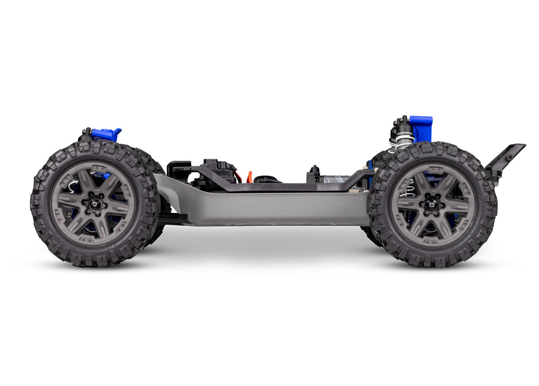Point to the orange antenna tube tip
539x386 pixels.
pyautogui.click(x=249, y=176)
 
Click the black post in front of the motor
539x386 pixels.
pyautogui.click(x=315, y=171)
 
